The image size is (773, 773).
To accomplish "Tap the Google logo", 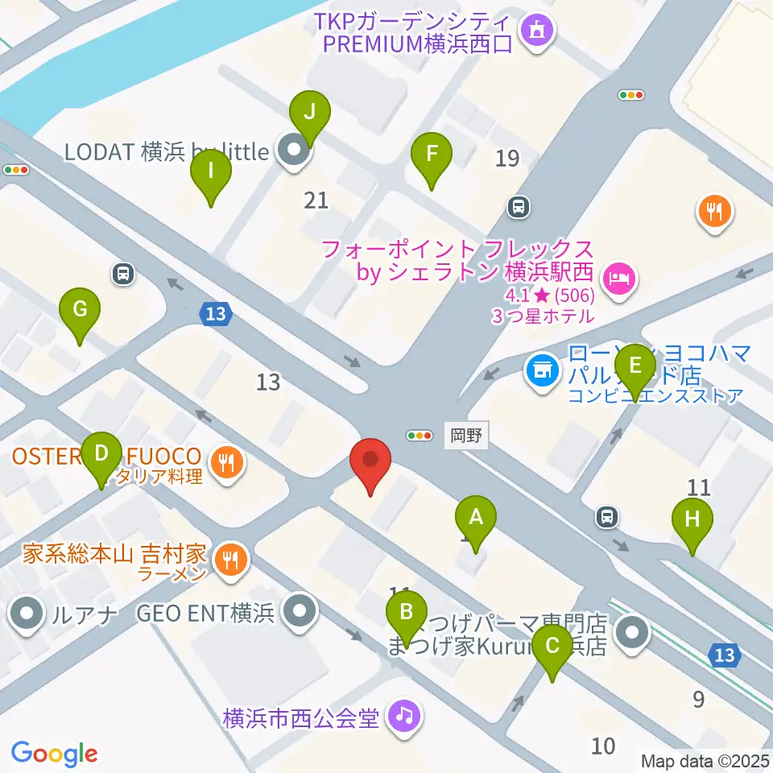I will point(55,754).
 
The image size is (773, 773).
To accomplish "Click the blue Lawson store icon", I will point(542,371).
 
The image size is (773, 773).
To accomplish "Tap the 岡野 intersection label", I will point(466,436).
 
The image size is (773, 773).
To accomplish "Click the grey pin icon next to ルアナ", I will point(27,614).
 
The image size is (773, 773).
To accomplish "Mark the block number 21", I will point(316,199).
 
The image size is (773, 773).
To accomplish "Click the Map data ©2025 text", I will point(705,760).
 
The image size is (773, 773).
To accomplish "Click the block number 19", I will point(507,159).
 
